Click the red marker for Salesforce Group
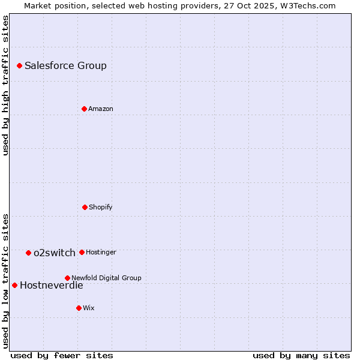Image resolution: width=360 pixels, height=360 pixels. click(x=19, y=65)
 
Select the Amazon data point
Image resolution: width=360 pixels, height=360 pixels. click(x=84, y=109)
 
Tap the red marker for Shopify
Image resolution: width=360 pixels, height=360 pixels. click(x=85, y=207)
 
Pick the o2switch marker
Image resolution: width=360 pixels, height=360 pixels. click(x=28, y=253)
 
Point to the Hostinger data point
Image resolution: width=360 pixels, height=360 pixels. click(x=82, y=252)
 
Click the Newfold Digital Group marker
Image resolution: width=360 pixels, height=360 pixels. click(x=67, y=278)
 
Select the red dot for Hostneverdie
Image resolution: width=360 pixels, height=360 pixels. click(x=14, y=285)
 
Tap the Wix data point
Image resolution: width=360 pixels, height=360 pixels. click(x=79, y=308)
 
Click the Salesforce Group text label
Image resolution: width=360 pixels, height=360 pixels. click(x=65, y=65)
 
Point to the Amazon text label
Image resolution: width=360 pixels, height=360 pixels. click(x=101, y=109)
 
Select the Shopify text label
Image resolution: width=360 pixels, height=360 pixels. click(x=101, y=207)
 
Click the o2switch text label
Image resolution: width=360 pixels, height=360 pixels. click(x=55, y=253)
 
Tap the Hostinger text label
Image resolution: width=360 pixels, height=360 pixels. click(x=101, y=252)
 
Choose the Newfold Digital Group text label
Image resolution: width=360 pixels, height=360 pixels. click(x=106, y=278)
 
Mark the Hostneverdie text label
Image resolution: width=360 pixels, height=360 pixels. click(x=52, y=285)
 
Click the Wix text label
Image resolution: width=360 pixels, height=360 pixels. click(x=89, y=308)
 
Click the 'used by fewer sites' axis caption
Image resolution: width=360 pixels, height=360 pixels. click(x=62, y=355)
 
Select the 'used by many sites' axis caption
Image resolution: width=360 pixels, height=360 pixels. click(x=301, y=355)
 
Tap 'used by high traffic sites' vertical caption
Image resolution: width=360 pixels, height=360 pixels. click(x=5, y=85)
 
